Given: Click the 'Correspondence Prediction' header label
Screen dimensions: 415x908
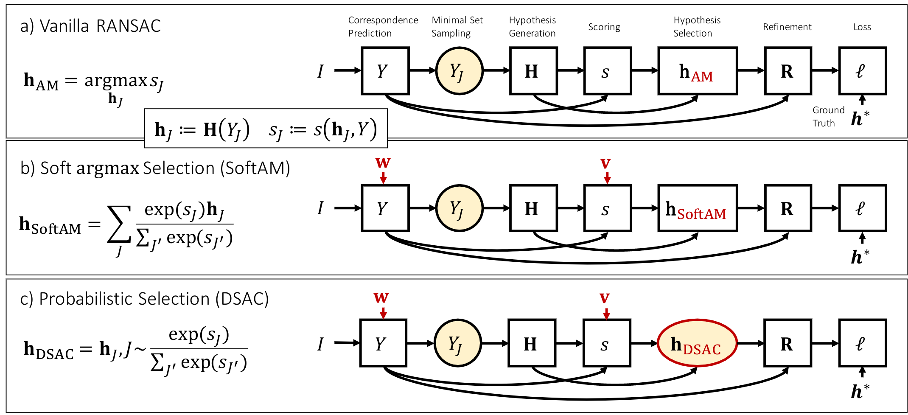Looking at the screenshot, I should pos(383,27).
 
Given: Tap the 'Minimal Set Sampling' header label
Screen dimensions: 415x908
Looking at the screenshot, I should pos(457,27).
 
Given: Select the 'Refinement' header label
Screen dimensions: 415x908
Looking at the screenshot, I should pos(787,27).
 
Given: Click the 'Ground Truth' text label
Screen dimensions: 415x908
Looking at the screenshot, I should pos(828,117).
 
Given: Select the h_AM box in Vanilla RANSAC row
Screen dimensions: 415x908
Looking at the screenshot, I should pos(697,71).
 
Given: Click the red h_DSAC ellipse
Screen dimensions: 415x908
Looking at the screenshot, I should pos(697,344).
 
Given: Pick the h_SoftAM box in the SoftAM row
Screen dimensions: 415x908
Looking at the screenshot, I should pos(697,209).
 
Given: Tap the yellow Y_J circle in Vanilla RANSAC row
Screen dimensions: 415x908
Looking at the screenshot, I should pos(459,71).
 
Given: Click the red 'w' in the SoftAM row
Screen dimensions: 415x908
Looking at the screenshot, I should pos(383,163).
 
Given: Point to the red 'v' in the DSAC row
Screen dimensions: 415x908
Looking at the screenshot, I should pos(605,298).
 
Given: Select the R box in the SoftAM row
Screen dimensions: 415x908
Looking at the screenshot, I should pos(788,209).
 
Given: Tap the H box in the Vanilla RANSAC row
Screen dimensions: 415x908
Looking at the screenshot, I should pos(533,71).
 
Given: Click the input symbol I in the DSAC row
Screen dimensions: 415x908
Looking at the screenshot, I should pos(320,344).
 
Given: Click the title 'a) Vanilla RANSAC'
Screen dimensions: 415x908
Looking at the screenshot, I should pos(90,26).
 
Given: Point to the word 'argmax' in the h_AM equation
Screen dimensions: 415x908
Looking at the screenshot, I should pos(115,80).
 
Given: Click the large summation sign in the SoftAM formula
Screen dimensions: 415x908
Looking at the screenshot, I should pos(119,224).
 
